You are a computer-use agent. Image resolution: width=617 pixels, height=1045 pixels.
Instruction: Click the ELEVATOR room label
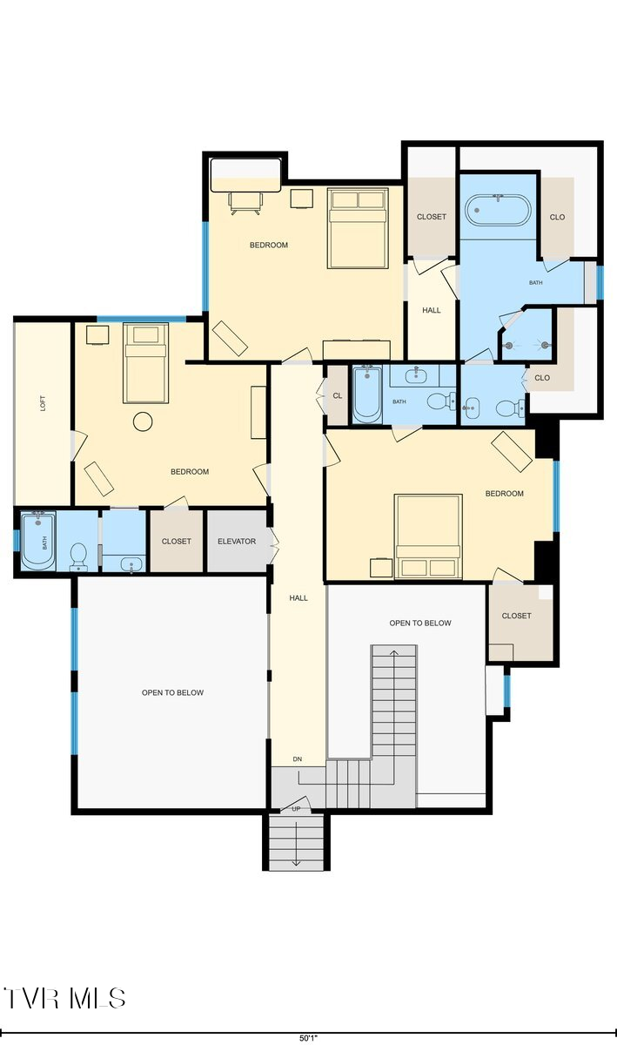[x=237, y=541]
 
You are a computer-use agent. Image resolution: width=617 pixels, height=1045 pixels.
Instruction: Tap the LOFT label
[x=43, y=403]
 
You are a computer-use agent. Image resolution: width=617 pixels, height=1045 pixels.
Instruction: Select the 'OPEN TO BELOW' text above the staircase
[x=419, y=623]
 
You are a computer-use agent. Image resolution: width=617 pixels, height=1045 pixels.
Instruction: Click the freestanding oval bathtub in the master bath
[x=499, y=210]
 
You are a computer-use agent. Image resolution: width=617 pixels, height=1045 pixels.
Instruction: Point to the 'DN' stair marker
[x=297, y=759]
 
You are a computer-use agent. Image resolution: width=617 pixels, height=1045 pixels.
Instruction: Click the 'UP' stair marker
[x=296, y=809]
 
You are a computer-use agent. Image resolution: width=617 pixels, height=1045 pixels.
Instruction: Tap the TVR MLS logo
[x=65, y=998]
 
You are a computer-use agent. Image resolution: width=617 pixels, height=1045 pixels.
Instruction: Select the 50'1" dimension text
[x=308, y=1038]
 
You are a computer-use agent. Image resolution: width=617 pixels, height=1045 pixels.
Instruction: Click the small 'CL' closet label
[x=337, y=395]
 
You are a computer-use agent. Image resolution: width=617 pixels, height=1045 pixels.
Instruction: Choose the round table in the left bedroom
[x=143, y=422]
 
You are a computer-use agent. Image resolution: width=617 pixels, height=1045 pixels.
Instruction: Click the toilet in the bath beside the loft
[x=78, y=555]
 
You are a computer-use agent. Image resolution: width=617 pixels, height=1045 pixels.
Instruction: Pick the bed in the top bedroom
[x=358, y=228]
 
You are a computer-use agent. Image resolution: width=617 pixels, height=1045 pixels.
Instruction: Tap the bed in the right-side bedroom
[x=428, y=536]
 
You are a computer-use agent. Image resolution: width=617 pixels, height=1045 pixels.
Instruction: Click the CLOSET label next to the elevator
[x=177, y=541]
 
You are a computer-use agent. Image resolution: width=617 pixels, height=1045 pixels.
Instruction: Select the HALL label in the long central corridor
[x=298, y=597]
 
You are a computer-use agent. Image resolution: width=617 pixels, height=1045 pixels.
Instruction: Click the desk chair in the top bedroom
[x=244, y=203]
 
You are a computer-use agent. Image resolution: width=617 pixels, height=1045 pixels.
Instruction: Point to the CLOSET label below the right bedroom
[x=516, y=616]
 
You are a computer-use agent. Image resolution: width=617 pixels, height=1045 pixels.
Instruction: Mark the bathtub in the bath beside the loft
[x=38, y=540]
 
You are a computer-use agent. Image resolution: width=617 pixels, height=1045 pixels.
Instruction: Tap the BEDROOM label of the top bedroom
[x=269, y=245]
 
